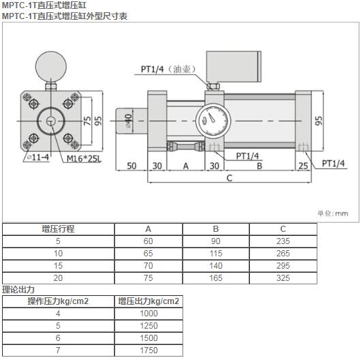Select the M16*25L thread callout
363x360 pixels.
pyautogui.click(x=84, y=159)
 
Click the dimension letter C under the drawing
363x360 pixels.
pyautogui.click(x=230, y=179)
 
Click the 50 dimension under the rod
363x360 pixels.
pyautogui.click(x=131, y=165)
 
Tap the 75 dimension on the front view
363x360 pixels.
pyautogui.click(x=88, y=121)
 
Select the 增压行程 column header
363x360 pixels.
pyautogui.click(x=58, y=229)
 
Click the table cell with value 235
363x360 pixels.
pyautogui.click(x=283, y=241)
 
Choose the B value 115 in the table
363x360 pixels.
pyautogui.click(x=216, y=254)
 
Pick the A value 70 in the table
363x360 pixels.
pyautogui.click(x=148, y=266)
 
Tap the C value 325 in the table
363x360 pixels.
pyautogui.click(x=283, y=278)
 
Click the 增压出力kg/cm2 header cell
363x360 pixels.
pyautogui.click(x=148, y=301)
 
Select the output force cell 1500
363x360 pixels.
pyautogui.click(x=148, y=337)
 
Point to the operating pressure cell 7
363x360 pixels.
pyautogui.click(x=58, y=350)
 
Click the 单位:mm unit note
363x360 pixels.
pyautogui.click(x=332, y=213)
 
